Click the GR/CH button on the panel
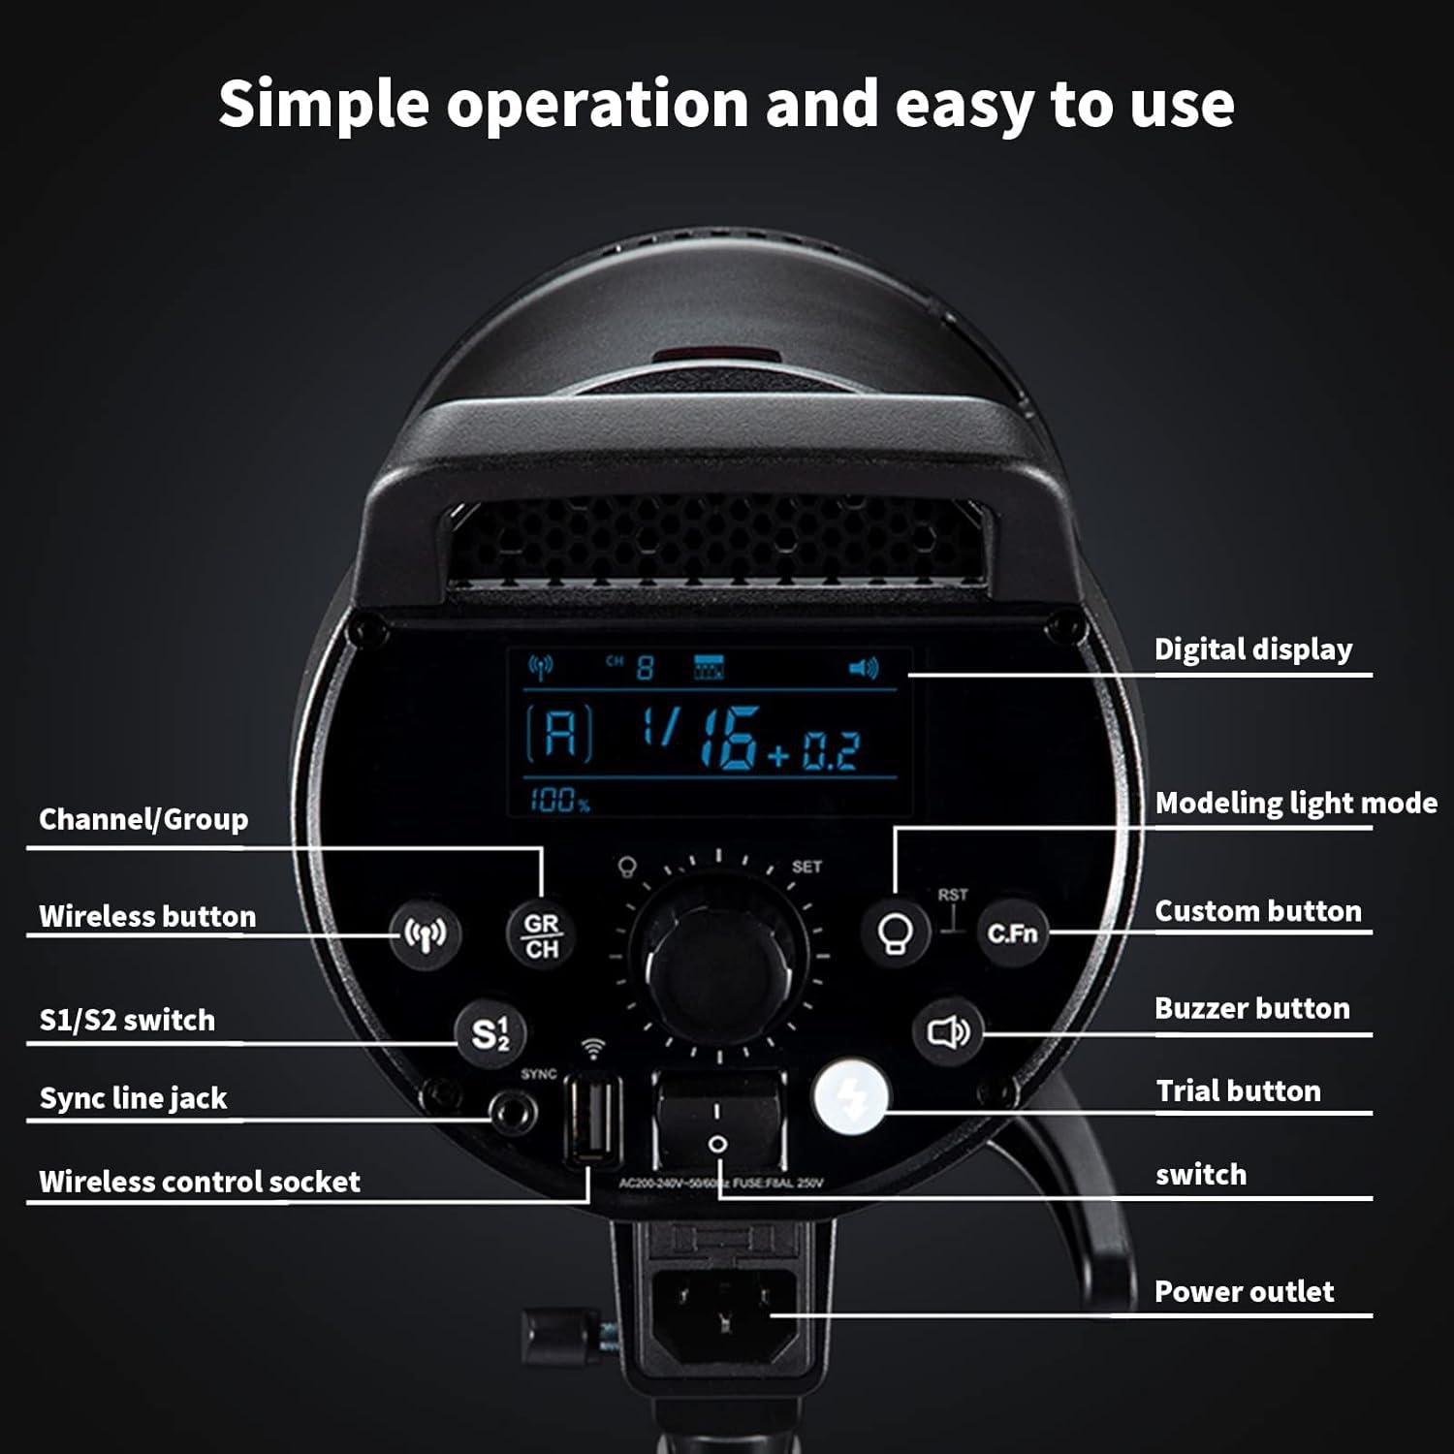click(541, 935)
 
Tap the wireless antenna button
click(425, 934)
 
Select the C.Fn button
click(1012, 933)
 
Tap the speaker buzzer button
click(947, 1032)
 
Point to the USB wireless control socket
click(593, 1121)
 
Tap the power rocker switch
click(717, 1124)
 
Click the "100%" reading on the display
click(559, 801)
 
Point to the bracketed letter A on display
click(560, 733)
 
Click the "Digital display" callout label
click(1252, 649)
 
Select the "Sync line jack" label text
click(133, 1098)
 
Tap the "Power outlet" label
click(1244, 1292)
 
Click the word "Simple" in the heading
click(324, 104)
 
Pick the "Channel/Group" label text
click(143, 820)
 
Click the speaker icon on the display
click(863, 668)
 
